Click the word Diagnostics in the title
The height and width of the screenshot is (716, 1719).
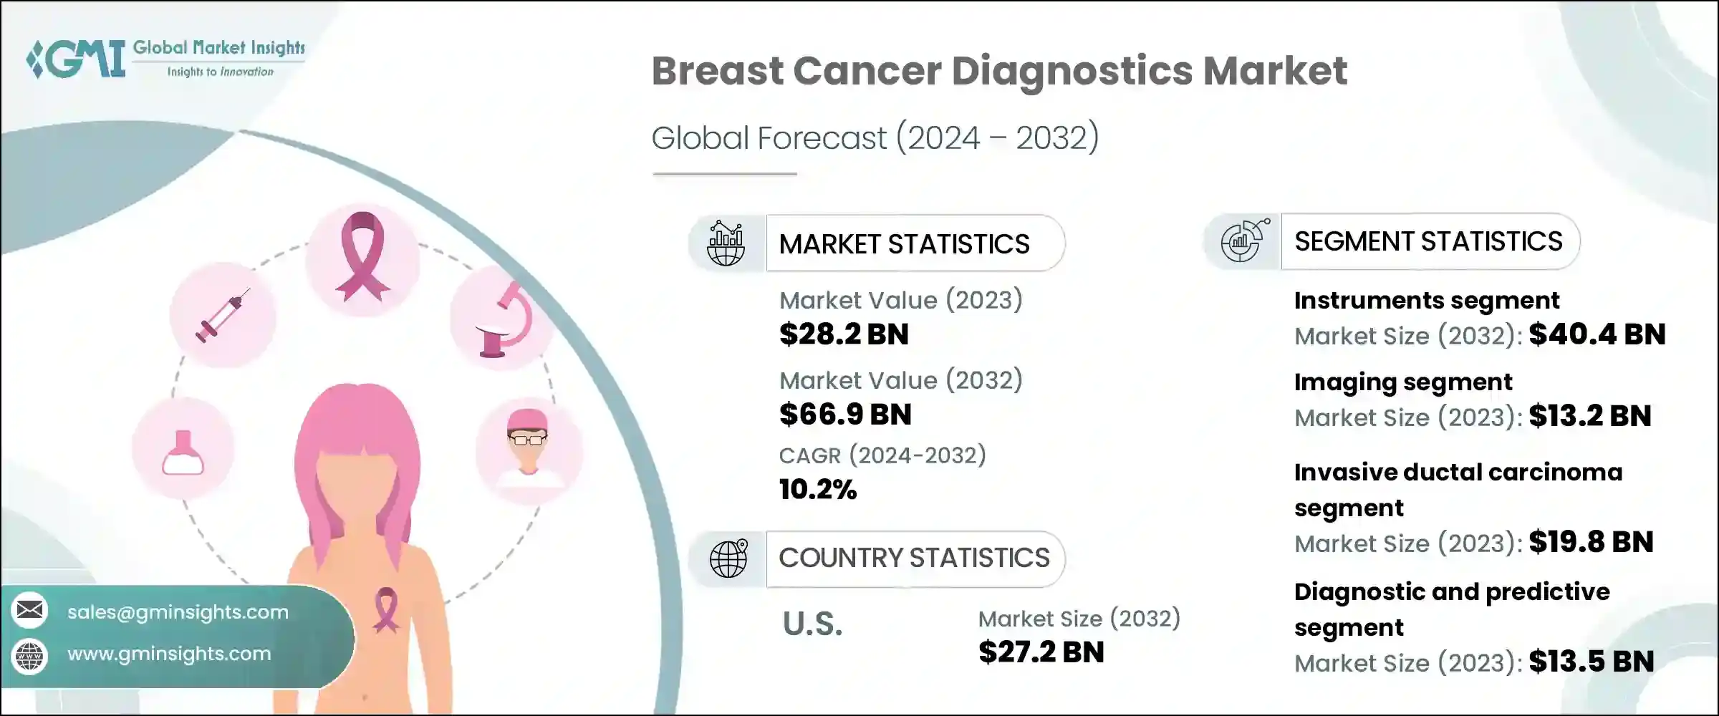point(1072,71)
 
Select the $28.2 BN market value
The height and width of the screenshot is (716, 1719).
point(844,334)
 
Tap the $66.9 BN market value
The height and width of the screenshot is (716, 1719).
point(845,415)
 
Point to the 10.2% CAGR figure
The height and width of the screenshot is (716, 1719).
point(818,490)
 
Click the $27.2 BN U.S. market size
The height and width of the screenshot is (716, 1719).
point(1041,652)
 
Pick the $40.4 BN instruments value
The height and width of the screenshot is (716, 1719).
point(1597,334)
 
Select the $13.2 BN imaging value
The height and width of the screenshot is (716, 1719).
point(1589,416)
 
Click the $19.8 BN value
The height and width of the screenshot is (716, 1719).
point(1590,542)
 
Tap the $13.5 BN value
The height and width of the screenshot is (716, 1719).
point(1591,662)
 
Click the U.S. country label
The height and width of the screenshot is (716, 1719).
point(812,624)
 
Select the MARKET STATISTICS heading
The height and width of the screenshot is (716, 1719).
point(904,244)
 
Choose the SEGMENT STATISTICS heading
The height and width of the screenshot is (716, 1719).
point(1427,241)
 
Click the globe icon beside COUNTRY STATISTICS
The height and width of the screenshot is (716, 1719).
point(728,559)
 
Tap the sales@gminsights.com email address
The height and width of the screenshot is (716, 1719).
point(178,612)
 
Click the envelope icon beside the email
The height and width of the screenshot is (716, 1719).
point(30,611)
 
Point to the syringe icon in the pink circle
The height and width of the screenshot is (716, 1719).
point(223,315)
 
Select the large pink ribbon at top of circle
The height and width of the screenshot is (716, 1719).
point(363,258)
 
